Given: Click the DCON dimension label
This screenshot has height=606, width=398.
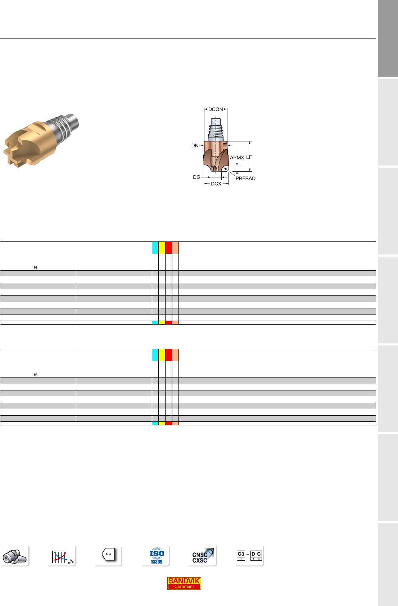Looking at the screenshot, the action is coord(215,109).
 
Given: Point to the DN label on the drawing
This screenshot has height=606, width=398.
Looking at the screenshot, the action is coord(195,145).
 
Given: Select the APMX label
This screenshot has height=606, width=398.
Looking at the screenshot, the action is coord(237,158).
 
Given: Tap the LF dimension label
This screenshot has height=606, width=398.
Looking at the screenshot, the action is coord(249,157).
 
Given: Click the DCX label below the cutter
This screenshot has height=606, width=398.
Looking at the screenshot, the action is coord(216,184).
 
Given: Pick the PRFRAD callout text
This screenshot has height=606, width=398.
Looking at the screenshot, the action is coord(245,178).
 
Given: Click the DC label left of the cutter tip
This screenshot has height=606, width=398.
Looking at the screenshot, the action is coord(196,177).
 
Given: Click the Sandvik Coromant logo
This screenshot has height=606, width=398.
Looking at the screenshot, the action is coord(184,583).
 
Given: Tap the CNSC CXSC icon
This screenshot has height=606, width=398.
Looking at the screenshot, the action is coord(203,556).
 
